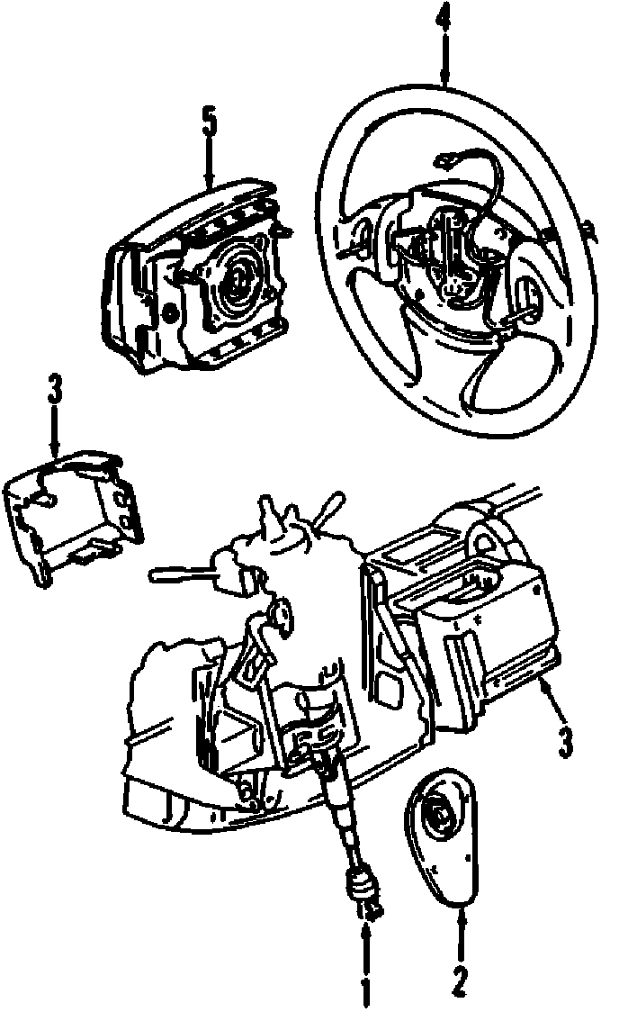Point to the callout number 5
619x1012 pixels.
point(209,122)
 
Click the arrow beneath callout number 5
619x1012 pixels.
point(209,161)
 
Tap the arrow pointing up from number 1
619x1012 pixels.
point(366,943)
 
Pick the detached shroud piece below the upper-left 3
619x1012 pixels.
point(72,515)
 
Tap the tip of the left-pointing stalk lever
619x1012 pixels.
point(152,574)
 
